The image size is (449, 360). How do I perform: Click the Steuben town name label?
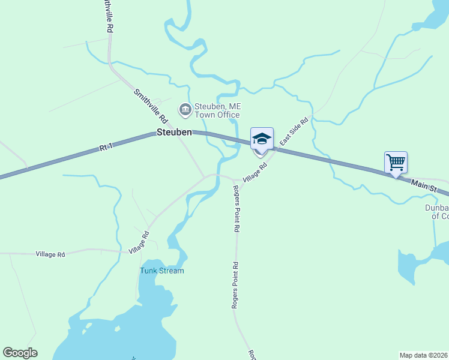coord(174,132)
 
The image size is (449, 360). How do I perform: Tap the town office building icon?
coord(185,109)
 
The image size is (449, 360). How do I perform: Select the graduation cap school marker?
coord(261,139)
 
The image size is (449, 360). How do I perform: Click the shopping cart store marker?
coord(396,162)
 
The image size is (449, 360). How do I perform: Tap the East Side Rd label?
coord(294,133)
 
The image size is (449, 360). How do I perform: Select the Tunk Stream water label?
coord(162,271)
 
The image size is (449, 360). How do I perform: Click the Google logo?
coord(20,353)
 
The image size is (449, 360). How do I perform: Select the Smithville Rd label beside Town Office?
coord(149,106)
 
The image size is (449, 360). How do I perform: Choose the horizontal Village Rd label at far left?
coord(50,254)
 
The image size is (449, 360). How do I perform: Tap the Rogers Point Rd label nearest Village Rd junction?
coord(237,208)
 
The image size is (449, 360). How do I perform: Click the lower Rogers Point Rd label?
coord(236,286)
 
